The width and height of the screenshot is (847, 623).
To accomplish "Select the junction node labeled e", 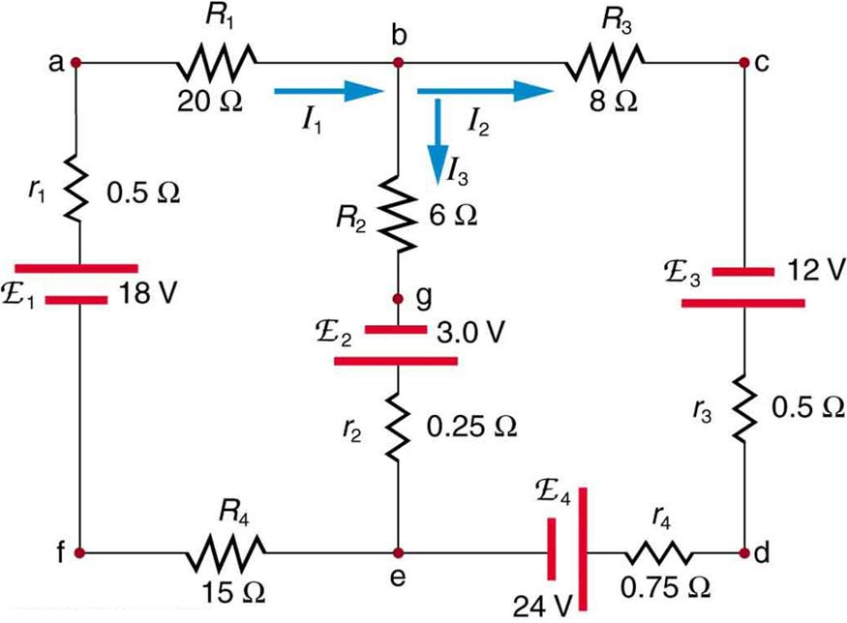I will point(398,553).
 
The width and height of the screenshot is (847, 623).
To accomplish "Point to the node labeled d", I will point(744,553).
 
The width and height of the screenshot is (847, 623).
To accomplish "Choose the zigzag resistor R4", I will point(226,553).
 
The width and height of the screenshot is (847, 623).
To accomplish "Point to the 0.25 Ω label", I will point(467,426).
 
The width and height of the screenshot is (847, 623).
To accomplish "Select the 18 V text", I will point(147,292).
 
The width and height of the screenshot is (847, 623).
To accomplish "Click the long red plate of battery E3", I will point(742,304).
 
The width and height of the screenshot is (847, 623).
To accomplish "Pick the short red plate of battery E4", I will point(551,552).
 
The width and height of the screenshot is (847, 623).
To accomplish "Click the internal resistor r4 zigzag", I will point(658,553).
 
